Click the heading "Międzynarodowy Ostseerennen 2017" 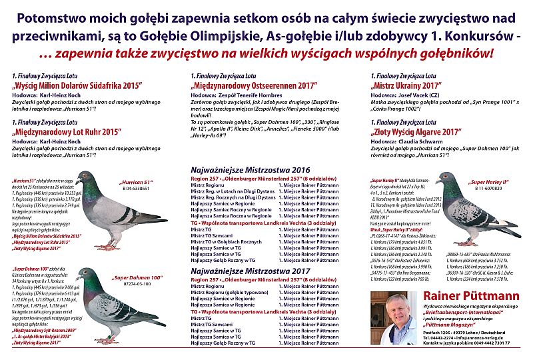254,86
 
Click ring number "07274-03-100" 137,284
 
